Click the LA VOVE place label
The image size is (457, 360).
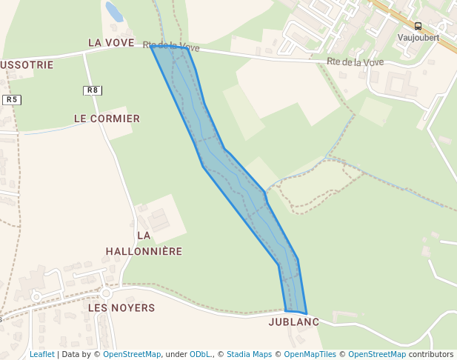click(111, 43)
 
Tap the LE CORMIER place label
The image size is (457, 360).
click(107, 119)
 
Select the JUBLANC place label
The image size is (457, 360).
click(293, 322)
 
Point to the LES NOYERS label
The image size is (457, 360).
click(121, 307)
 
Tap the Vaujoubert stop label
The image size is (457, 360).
click(418, 37)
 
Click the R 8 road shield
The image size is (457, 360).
click(92, 90)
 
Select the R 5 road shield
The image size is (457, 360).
click(10, 99)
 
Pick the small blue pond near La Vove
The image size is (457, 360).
click(114, 12)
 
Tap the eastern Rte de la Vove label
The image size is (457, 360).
click(355, 62)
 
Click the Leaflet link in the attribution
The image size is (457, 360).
click(41, 354)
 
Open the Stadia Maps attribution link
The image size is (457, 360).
click(249, 354)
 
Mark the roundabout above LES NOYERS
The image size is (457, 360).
click(106, 293)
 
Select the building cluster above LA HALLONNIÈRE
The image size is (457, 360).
click(157, 220)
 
